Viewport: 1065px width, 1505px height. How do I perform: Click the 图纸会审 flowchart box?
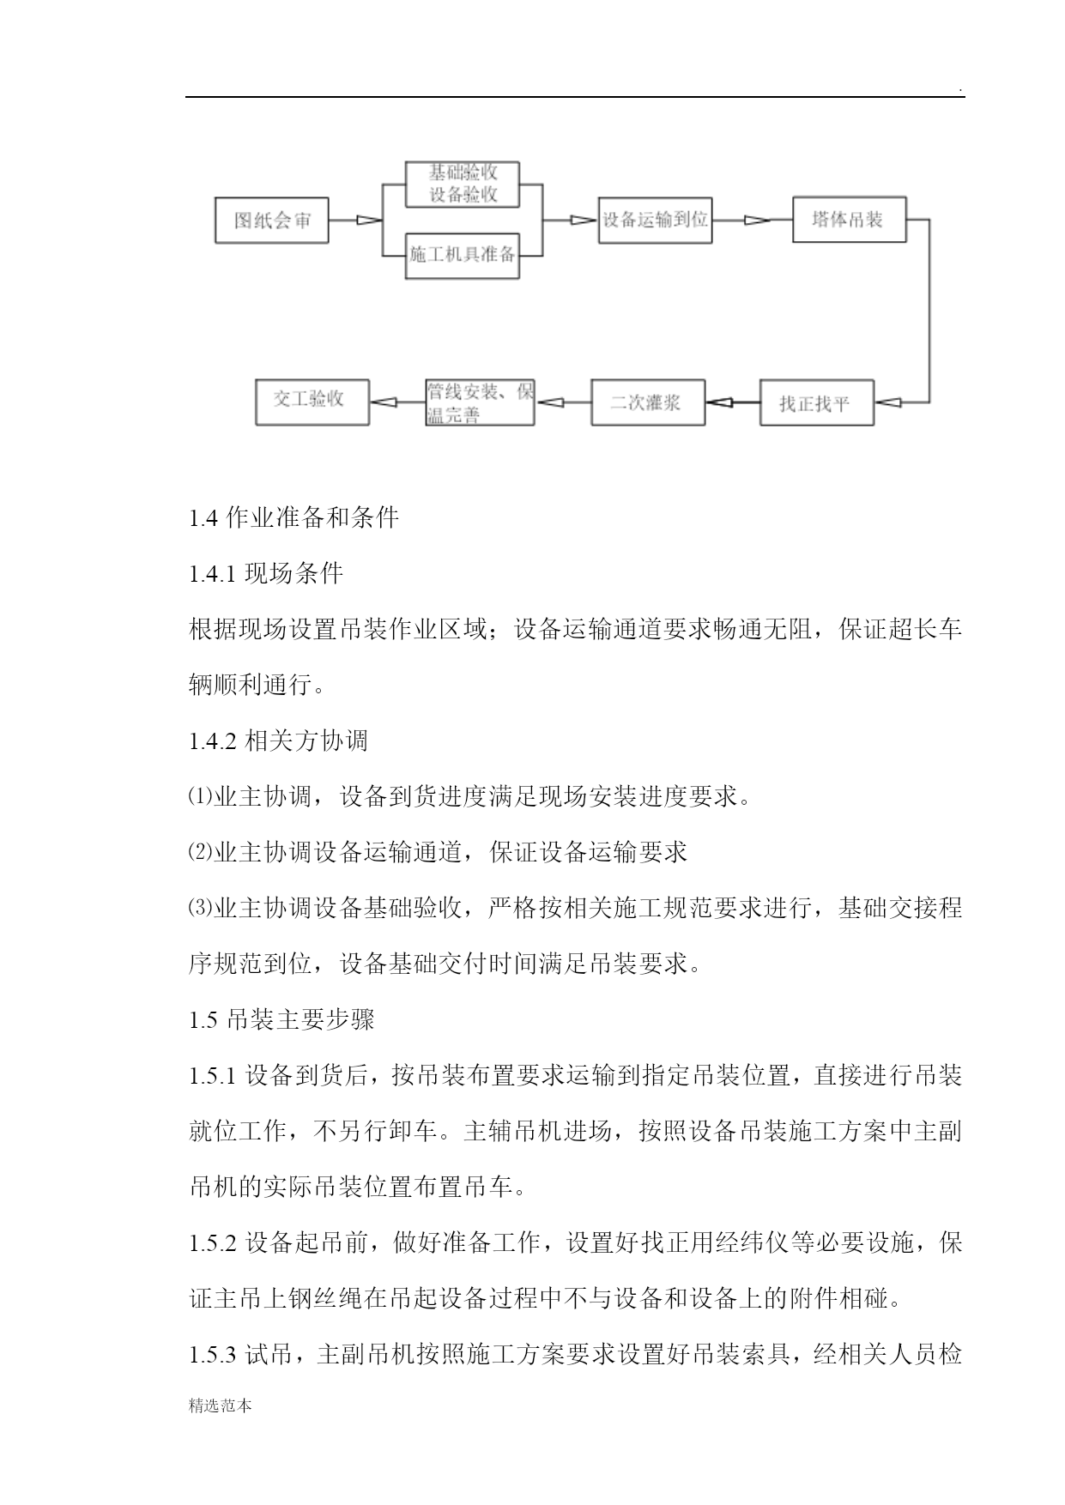pyautogui.click(x=271, y=221)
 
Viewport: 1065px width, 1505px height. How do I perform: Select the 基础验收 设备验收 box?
pyautogui.click(x=463, y=184)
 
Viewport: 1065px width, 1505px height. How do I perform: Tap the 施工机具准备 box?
pyautogui.click(x=463, y=255)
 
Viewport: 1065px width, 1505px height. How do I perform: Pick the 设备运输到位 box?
pyautogui.click(x=655, y=220)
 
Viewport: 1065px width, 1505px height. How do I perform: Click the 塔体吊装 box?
pyautogui.click(x=849, y=220)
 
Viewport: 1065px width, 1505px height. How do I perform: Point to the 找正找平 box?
pyautogui.click(x=816, y=402)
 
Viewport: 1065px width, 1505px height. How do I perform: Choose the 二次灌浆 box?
pyautogui.click(x=648, y=402)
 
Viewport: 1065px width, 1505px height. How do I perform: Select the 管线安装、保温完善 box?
pyautogui.click(x=480, y=402)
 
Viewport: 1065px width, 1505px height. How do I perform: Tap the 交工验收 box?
pyautogui.click(x=312, y=402)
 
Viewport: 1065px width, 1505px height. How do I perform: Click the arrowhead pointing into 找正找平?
pyautogui.click(x=887, y=402)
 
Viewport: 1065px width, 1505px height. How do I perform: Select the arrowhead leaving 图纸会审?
pyautogui.click(x=369, y=221)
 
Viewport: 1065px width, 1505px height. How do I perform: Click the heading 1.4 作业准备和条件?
pyautogui.click(x=293, y=518)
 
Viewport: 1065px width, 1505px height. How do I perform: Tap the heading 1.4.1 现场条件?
pyautogui.click(x=266, y=574)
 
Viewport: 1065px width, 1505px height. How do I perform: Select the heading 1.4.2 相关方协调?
pyautogui.click(x=278, y=740)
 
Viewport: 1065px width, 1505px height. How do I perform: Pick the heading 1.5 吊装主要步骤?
pyautogui.click(x=281, y=1019)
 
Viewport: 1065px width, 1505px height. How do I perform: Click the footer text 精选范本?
pyautogui.click(x=221, y=1406)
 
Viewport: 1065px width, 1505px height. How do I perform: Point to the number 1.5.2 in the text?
pyautogui.click(x=212, y=1243)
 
